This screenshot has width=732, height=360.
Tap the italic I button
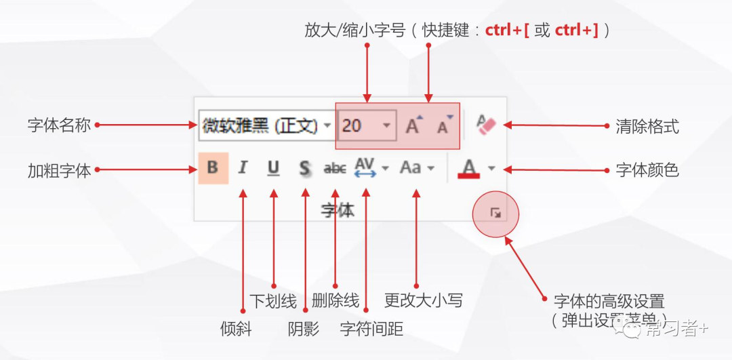pyautogui.click(x=243, y=168)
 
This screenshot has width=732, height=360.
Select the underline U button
pyautogui.click(x=273, y=168)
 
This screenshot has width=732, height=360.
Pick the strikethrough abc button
pyautogui.click(x=335, y=168)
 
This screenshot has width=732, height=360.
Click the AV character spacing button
pyautogui.click(x=365, y=167)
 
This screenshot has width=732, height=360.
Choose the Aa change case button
pyautogui.click(x=411, y=167)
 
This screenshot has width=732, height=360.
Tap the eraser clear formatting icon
pyautogui.click(x=486, y=125)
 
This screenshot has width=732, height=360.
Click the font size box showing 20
pyautogui.click(x=359, y=126)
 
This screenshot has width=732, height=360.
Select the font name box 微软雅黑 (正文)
pyautogui.click(x=260, y=126)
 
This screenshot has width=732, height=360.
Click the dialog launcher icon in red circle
pyautogui.click(x=495, y=214)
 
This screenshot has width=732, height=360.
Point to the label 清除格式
pyautogui.click(x=647, y=126)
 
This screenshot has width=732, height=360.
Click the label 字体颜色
pyautogui.click(x=647, y=169)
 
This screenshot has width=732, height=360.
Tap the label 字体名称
pyautogui.click(x=59, y=125)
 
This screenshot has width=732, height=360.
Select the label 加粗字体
pyautogui.click(x=59, y=170)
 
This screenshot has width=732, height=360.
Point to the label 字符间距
pyautogui.click(x=371, y=329)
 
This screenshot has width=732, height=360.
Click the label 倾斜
pyautogui.click(x=236, y=329)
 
